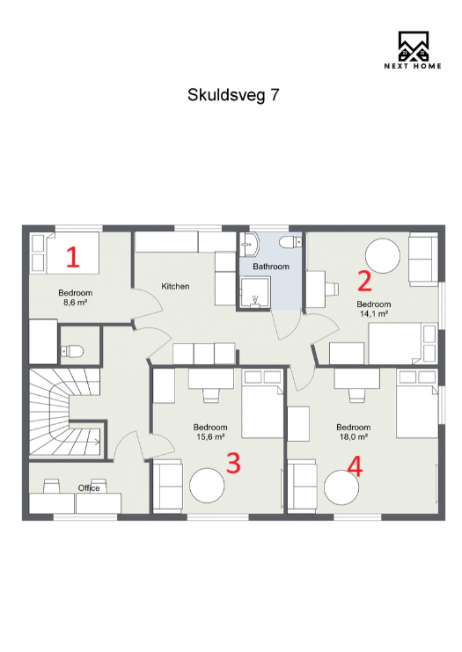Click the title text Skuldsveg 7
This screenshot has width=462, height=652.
(x=233, y=95)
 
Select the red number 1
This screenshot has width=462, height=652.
(x=73, y=257)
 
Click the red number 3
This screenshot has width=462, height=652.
(x=233, y=463)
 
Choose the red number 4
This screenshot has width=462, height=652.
(x=355, y=465)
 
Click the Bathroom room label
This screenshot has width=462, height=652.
(x=270, y=266)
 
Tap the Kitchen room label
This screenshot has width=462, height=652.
(x=175, y=286)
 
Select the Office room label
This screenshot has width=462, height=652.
(x=89, y=487)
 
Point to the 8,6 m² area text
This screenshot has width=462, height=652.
(x=75, y=302)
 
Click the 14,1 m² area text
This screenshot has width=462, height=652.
(x=374, y=312)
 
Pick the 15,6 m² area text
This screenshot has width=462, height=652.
(x=209, y=436)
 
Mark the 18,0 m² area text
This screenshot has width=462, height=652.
(x=352, y=436)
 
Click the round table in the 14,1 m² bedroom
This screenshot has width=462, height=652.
(x=384, y=257)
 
